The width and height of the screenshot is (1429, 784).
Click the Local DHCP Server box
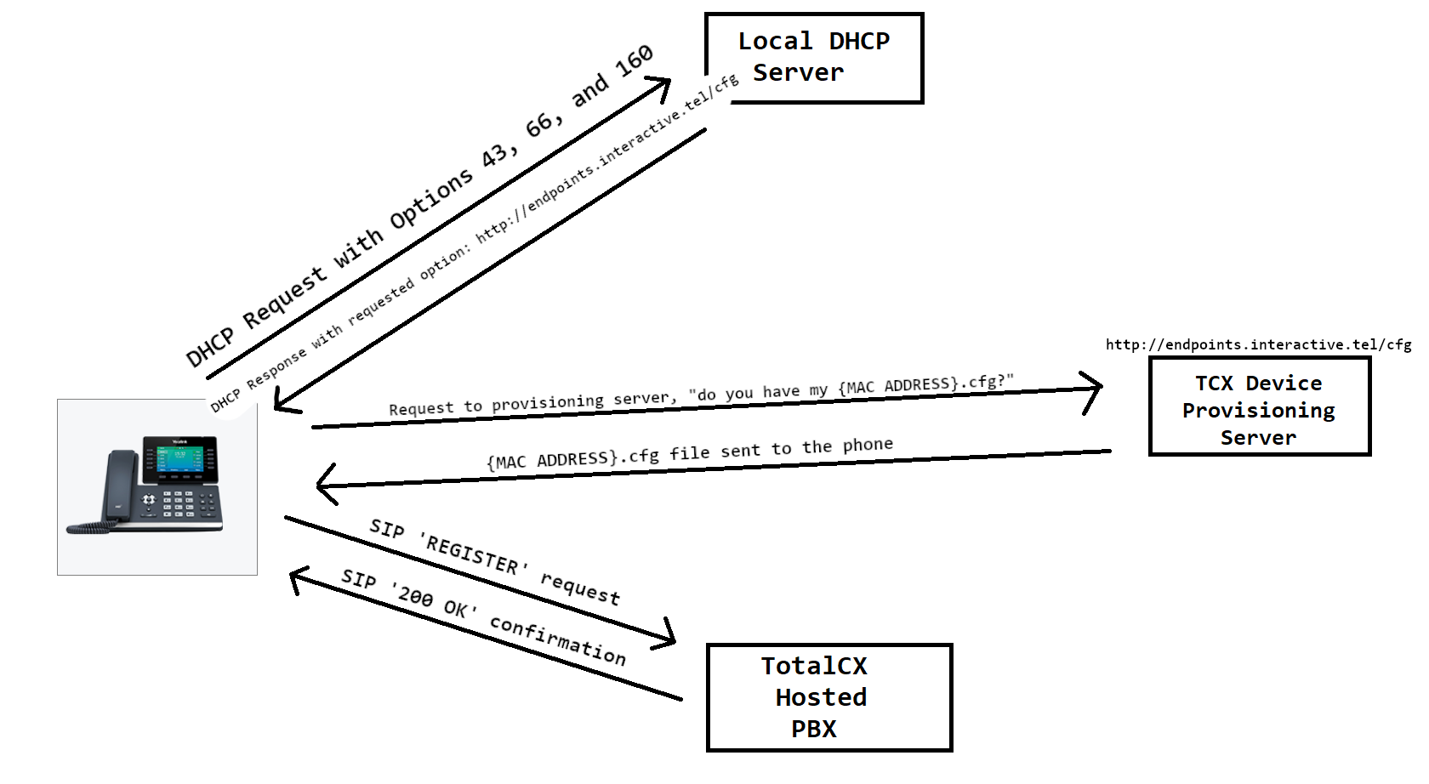(814, 58)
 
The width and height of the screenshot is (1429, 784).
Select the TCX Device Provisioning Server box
(1259, 406)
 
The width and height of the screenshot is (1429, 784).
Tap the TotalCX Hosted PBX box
(828, 697)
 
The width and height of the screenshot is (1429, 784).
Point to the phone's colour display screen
(179, 459)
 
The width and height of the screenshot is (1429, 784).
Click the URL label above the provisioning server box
(1258, 344)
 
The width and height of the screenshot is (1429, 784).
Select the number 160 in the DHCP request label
(634, 62)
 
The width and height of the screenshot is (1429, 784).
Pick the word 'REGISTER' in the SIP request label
(472, 554)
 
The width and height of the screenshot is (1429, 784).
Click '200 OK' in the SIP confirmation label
(432, 603)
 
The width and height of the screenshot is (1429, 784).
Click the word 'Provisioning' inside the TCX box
(1258, 411)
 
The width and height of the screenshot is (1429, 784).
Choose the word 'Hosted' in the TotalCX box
(821, 697)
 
